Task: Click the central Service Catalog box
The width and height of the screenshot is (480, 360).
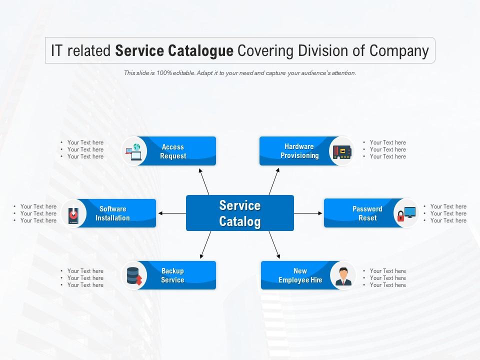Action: [240, 213]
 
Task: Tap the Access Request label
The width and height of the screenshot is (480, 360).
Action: [173, 151]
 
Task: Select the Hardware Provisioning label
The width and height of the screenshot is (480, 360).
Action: [299, 151]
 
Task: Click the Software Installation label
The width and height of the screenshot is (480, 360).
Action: [112, 213]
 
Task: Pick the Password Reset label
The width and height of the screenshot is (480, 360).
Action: [367, 213]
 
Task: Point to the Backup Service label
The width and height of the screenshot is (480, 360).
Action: [172, 275]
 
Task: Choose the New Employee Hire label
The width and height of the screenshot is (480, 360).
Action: [300, 275]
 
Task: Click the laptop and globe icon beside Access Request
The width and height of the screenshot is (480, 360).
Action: [134, 151]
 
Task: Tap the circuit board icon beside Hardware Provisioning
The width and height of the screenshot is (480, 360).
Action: [342, 152]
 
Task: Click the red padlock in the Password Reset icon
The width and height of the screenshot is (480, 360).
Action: [401, 216]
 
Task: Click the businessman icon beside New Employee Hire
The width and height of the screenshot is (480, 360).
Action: [343, 276]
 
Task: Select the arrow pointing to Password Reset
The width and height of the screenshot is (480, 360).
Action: [308, 213]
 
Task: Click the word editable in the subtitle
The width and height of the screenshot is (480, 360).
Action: [183, 73]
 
